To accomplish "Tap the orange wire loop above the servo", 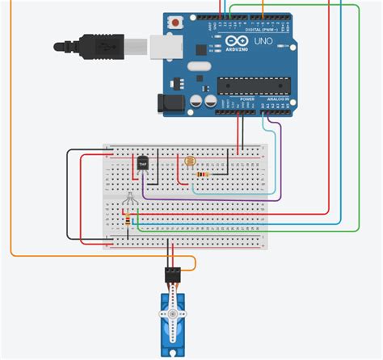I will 191,263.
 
